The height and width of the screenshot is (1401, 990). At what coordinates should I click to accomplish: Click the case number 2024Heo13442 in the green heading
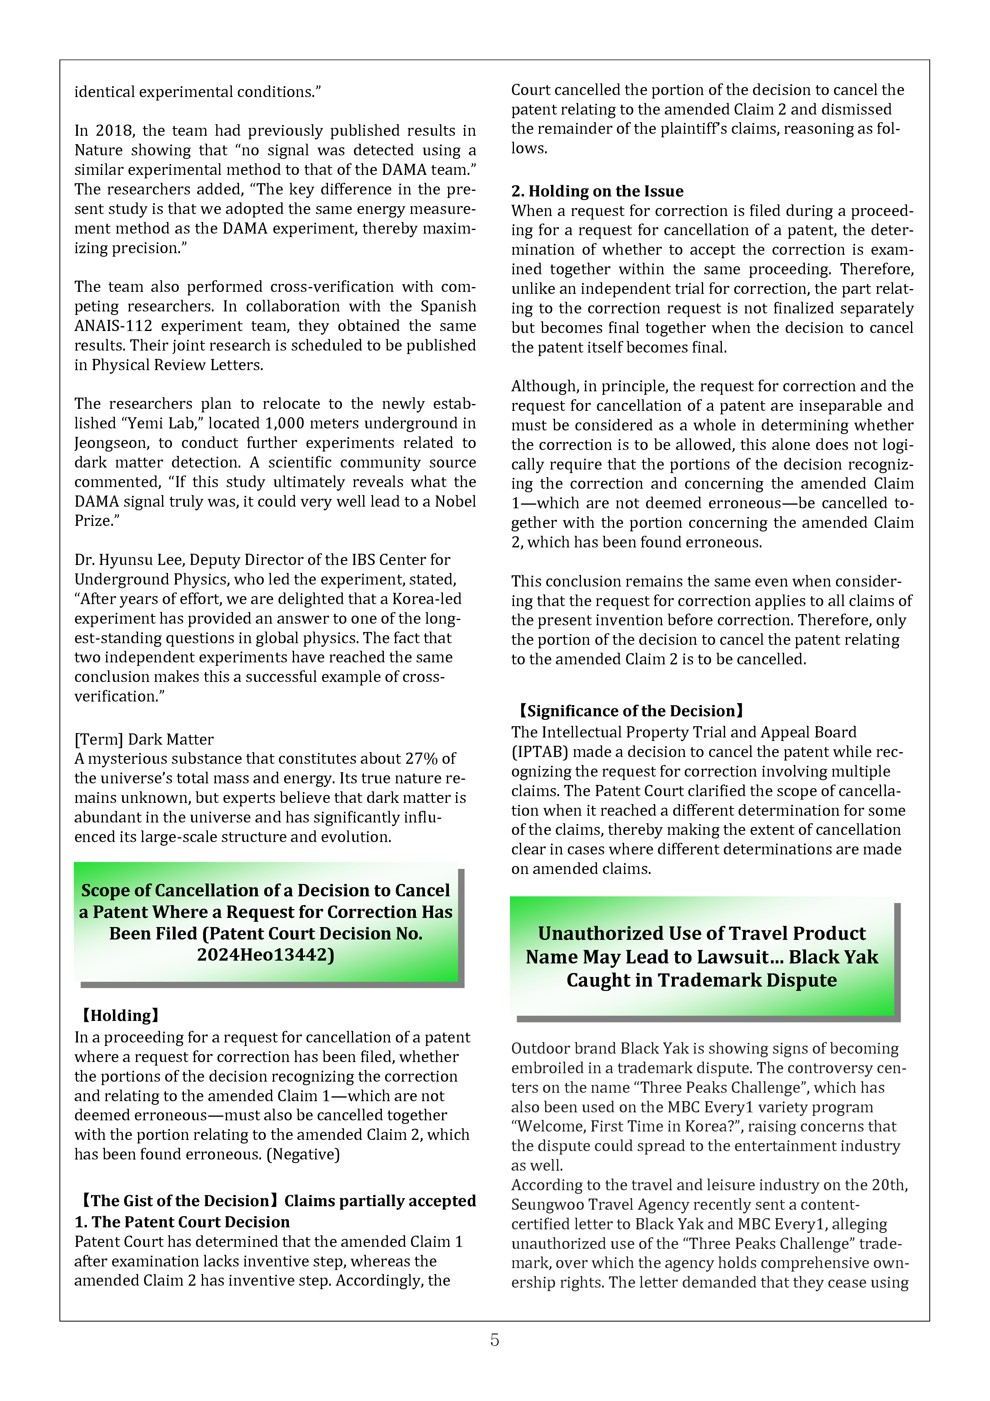(x=265, y=954)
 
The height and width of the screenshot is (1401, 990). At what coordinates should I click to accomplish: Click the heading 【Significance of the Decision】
(x=631, y=711)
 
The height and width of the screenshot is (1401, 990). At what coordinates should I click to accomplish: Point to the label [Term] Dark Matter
(x=144, y=739)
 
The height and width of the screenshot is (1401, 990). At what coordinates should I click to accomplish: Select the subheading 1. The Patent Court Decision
(x=182, y=1222)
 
